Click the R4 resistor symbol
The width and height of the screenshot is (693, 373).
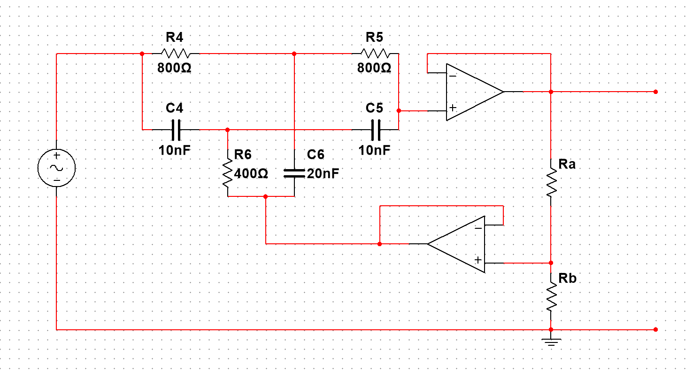click(175, 54)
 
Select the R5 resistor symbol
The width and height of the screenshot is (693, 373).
click(374, 54)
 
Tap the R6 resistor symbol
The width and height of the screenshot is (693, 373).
click(228, 173)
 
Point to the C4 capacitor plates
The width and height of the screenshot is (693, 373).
click(176, 130)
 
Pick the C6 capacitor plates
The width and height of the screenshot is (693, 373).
click(294, 173)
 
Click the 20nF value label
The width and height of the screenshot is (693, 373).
click(323, 174)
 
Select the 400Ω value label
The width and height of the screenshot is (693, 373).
click(251, 174)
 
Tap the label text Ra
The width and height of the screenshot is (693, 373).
click(567, 164)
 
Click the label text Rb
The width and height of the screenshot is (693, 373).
click(567, 278)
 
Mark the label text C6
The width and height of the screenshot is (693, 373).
click(316, 155)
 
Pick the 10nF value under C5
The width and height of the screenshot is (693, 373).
click(374, 150)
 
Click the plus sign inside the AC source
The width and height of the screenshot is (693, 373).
click(56, 156)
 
